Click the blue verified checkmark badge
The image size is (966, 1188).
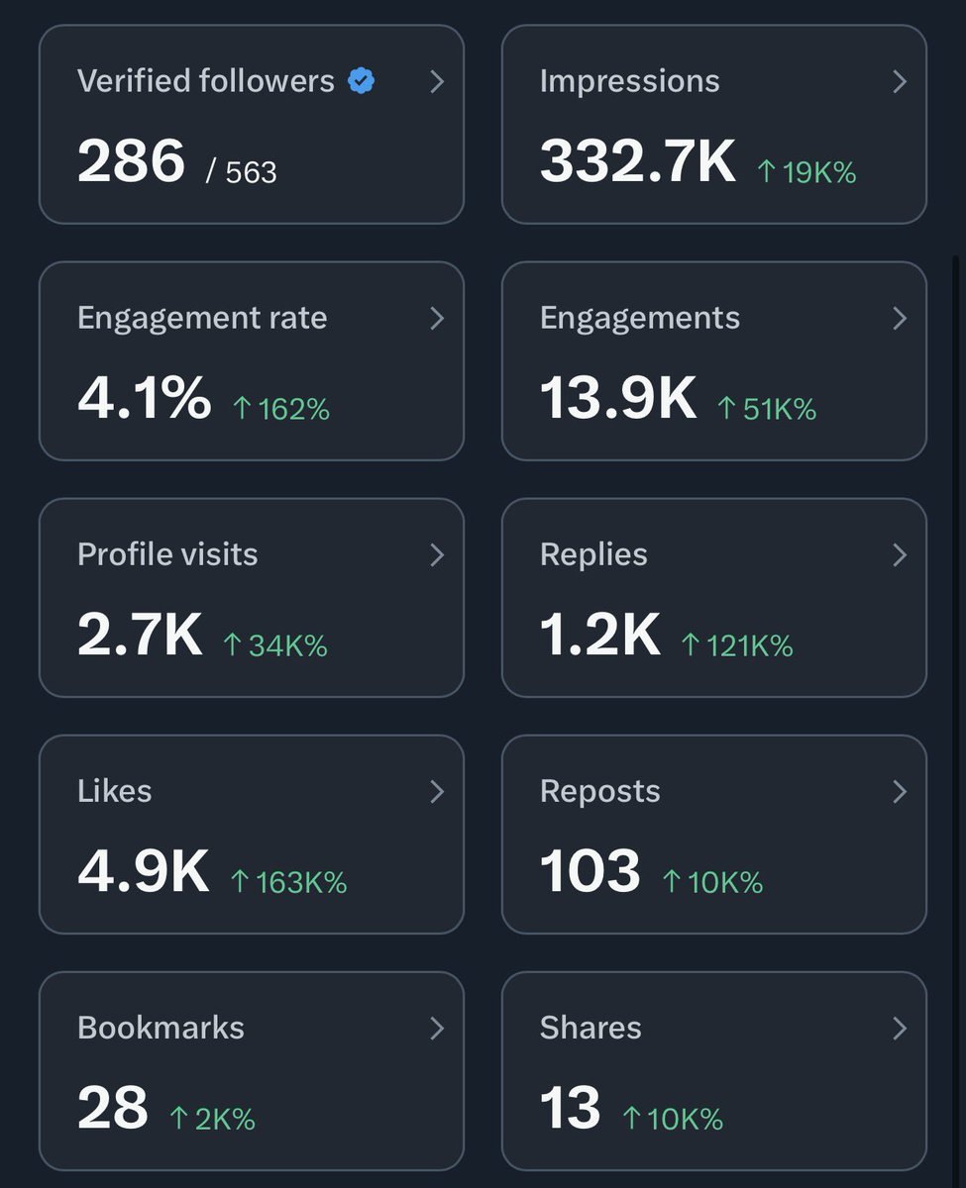[x=362, y=82]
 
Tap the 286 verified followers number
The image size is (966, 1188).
[x=131, y=161]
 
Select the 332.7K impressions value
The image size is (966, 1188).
[x=638, y=161]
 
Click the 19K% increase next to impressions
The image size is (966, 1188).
[x=806, y=172]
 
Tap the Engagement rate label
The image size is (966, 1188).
[x=202, y=318]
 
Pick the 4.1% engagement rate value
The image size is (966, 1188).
[x=144, y=398]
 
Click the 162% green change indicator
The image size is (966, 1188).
[x=280, y=409]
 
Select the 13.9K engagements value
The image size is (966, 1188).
[x=618, y=398]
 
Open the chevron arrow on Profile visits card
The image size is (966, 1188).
[x=437, y=555]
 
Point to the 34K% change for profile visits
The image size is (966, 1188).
[x=275, y=645]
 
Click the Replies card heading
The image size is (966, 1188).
[x=593, y=554]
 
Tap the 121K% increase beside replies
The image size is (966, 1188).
[x=737, y=645]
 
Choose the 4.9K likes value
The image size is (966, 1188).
[x=143, y=871]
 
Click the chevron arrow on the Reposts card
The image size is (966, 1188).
[x=900, y=792]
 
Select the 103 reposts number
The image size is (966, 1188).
[x=590, y=871]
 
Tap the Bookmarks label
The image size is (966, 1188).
[x=161, y=1028]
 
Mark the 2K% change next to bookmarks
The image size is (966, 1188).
[x=212, y=1119]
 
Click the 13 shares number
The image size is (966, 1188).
[x=571, y=1108]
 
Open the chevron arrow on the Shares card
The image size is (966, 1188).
[x=900, y=1029]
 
